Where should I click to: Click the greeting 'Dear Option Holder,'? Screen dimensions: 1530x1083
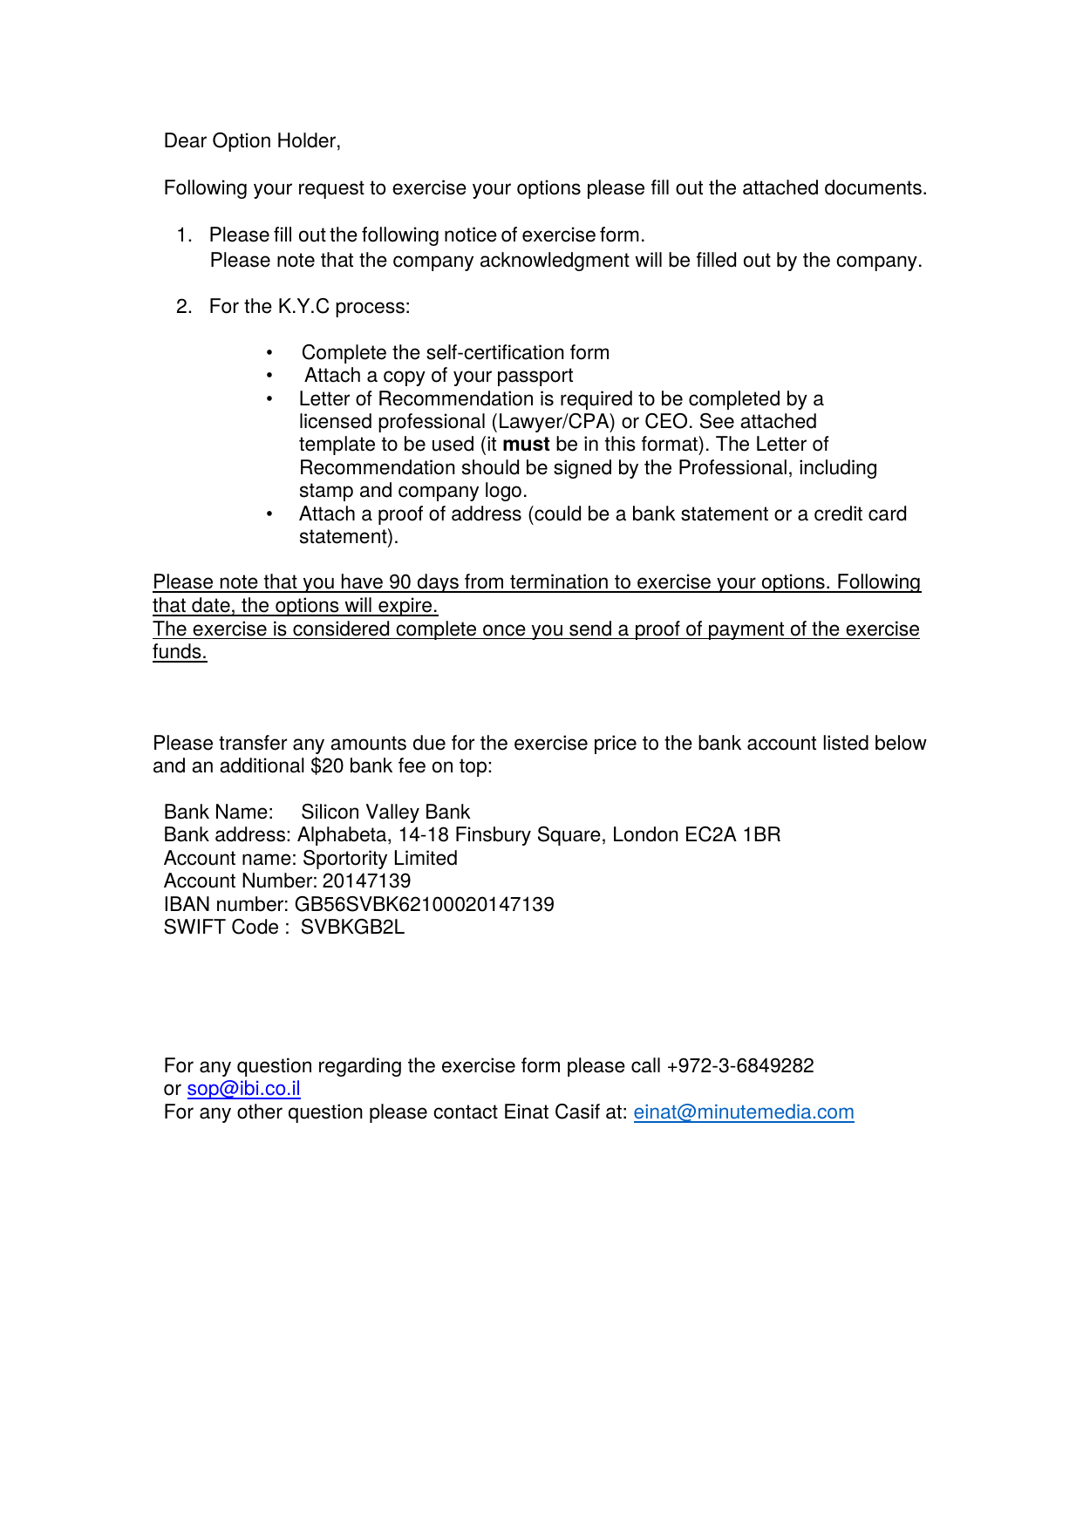(252, 141)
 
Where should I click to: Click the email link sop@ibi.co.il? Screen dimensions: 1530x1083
(243, 1089)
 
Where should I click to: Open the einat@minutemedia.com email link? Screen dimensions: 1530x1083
(743, 1112)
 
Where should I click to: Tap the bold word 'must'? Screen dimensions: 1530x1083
(526, 445)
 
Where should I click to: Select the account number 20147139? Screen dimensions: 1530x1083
(366, 881)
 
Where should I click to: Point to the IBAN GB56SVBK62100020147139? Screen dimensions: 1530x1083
(424, 905)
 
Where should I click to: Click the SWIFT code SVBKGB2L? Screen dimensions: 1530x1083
(352, 928)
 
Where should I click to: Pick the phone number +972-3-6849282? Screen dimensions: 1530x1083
(739, 1066)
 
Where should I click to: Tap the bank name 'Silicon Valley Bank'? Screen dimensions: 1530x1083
(385, 813)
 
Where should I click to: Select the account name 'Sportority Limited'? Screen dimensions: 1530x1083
(380, 859)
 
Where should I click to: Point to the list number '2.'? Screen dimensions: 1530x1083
(184, 307)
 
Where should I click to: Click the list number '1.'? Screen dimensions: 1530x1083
(184, 235)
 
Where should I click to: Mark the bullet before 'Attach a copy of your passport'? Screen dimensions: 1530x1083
(270, 376)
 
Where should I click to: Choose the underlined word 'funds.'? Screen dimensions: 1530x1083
(180, 652)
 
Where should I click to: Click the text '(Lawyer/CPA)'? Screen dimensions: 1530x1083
(553, 422)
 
